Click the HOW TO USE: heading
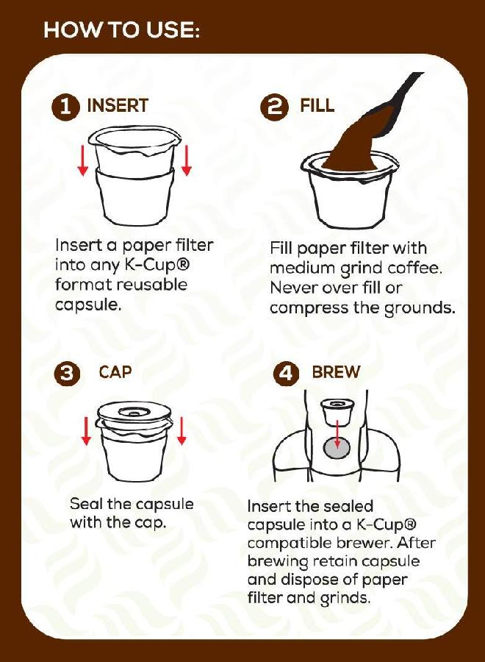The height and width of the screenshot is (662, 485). pos(121,31)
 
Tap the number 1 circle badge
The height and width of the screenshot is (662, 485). pos(66,107)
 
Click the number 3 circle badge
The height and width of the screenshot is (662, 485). pos(66,373)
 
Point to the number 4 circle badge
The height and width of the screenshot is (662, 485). pos(287,373)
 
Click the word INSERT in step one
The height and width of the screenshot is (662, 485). pos(118,106)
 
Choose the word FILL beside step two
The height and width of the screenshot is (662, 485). pos(317,106)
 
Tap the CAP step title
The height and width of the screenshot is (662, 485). pos(115,372)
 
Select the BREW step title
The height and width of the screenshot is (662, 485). pos(336,372)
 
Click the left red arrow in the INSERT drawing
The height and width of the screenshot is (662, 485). pos(83,160)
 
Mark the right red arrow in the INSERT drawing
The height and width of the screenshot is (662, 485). pos(187,160)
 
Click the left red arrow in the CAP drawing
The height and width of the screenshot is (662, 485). pos(86,430)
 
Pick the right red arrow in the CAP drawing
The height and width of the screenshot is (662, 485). pos(182,430)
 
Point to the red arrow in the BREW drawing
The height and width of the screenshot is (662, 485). pos(337,434)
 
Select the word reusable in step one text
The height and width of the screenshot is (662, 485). pos(149,285)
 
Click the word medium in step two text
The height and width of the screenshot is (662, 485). pos(300,268)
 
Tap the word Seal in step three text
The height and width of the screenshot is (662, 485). pos(85,505)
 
